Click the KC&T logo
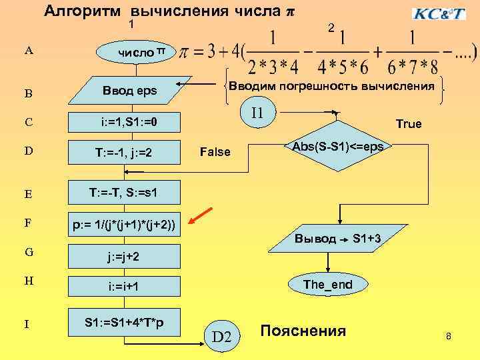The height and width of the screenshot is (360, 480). tap(439, 13)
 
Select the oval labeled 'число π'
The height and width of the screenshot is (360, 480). tap(136, 52)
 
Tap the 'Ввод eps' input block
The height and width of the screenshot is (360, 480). tap(129, 90)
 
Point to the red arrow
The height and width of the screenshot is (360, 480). tap(201, 217)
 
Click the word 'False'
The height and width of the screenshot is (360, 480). tap(215, 153)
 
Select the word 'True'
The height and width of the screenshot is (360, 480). tap(408, 124)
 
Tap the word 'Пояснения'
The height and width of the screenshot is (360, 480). tap(303, 331)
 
